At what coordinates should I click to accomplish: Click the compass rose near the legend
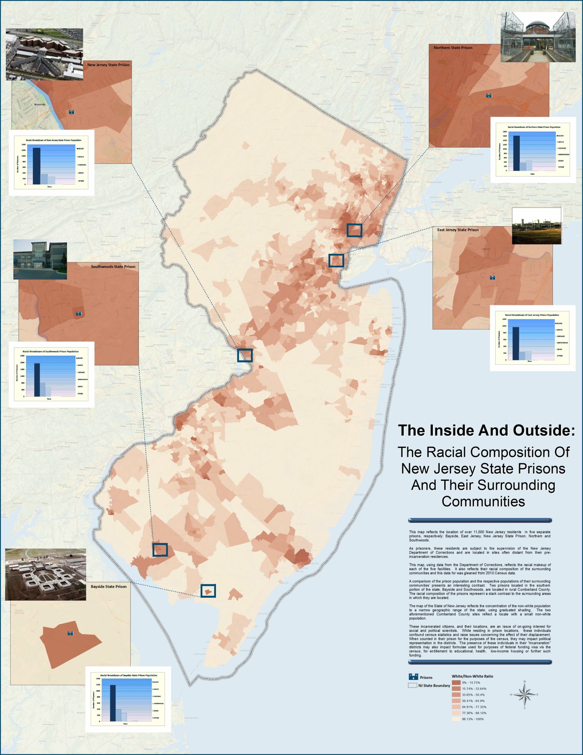coord(524,695)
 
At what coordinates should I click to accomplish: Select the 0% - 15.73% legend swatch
coord(456,683)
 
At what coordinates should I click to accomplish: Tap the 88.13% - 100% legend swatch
coord(456,719)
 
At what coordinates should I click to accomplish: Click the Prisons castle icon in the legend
coord(413,677)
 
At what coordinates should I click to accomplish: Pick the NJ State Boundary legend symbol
coord(413,685)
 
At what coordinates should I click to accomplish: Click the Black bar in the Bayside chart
coord(113,703)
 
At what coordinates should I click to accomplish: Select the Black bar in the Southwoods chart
coord(37,380)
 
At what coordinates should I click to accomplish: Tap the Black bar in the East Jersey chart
coord(516,343)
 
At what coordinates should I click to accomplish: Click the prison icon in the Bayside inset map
coord(70,633)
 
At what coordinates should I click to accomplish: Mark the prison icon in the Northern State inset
coord(489,96)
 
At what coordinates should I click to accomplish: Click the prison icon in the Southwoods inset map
coord(78,313)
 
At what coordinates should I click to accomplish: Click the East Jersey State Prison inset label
coord(458,230)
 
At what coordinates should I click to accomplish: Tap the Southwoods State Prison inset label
coord(113,267)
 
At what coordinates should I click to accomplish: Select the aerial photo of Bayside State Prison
coord(46,574)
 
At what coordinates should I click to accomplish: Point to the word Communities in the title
coord(483,501)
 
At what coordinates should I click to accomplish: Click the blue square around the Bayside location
coord(208,591)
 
